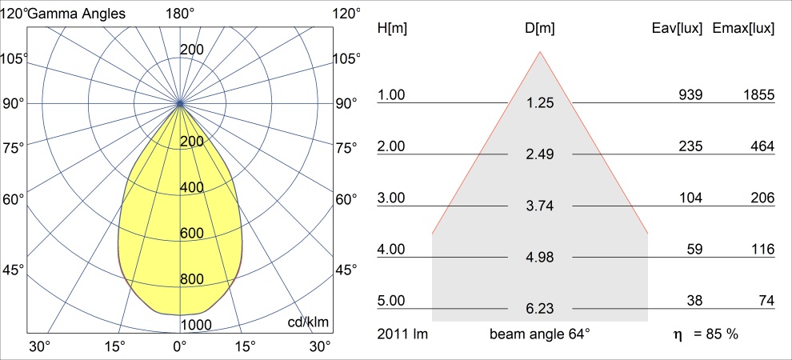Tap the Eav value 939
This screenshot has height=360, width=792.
690,95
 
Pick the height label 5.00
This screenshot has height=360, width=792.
392,301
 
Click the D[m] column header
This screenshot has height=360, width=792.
540,28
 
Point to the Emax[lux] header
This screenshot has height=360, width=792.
742,28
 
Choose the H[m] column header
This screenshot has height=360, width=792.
392,28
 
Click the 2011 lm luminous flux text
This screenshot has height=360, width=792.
402,333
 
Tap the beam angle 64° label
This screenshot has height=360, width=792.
540,333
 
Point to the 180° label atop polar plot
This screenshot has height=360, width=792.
180,13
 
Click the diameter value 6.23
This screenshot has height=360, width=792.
540,308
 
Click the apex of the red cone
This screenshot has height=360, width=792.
541,52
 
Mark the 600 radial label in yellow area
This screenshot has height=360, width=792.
192,234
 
